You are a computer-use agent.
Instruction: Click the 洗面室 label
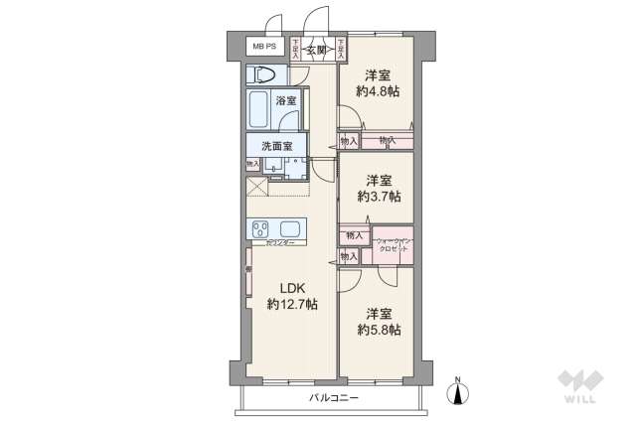point(270,147)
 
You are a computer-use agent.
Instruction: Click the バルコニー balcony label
point(333,398)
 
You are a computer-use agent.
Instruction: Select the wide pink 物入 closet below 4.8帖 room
point(386,142)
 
